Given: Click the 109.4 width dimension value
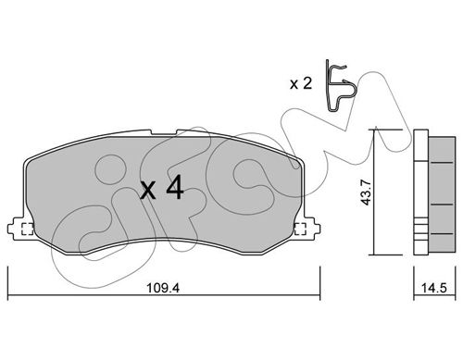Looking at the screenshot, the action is coord(163,288).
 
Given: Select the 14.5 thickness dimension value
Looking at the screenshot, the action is coord(434,288).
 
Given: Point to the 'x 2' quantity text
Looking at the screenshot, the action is coord(301,83).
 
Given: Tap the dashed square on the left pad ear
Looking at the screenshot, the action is coord(27,229).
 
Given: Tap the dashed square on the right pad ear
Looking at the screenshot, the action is coord(300,229).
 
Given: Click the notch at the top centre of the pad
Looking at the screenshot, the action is coord(164,132).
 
